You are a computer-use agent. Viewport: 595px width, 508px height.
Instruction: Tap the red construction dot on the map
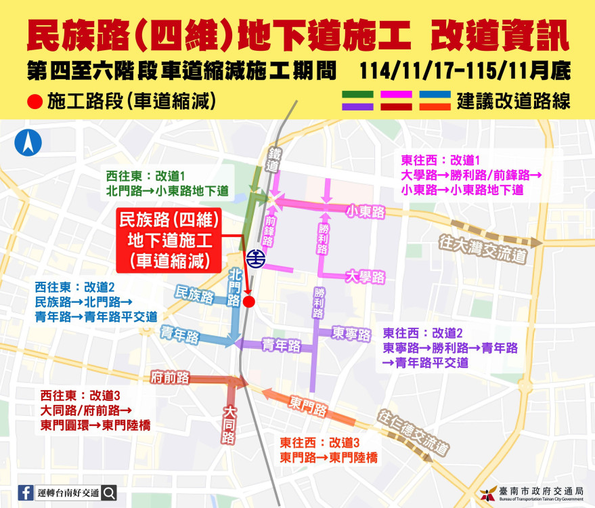tap(248, 301)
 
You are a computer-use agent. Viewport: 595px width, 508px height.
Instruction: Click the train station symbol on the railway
tap(255, 259)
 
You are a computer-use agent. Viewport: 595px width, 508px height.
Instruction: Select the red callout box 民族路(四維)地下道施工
tap(167, 240)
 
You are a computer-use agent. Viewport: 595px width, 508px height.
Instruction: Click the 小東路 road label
tap(365, 212)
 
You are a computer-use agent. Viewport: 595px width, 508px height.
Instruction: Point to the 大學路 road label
tap(365, 276)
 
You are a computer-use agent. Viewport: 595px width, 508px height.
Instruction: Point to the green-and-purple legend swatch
tap(358, 101)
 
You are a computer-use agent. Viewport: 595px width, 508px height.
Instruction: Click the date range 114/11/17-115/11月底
tap(465, 70)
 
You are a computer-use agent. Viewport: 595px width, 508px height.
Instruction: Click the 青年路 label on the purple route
tap(281, 345)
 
